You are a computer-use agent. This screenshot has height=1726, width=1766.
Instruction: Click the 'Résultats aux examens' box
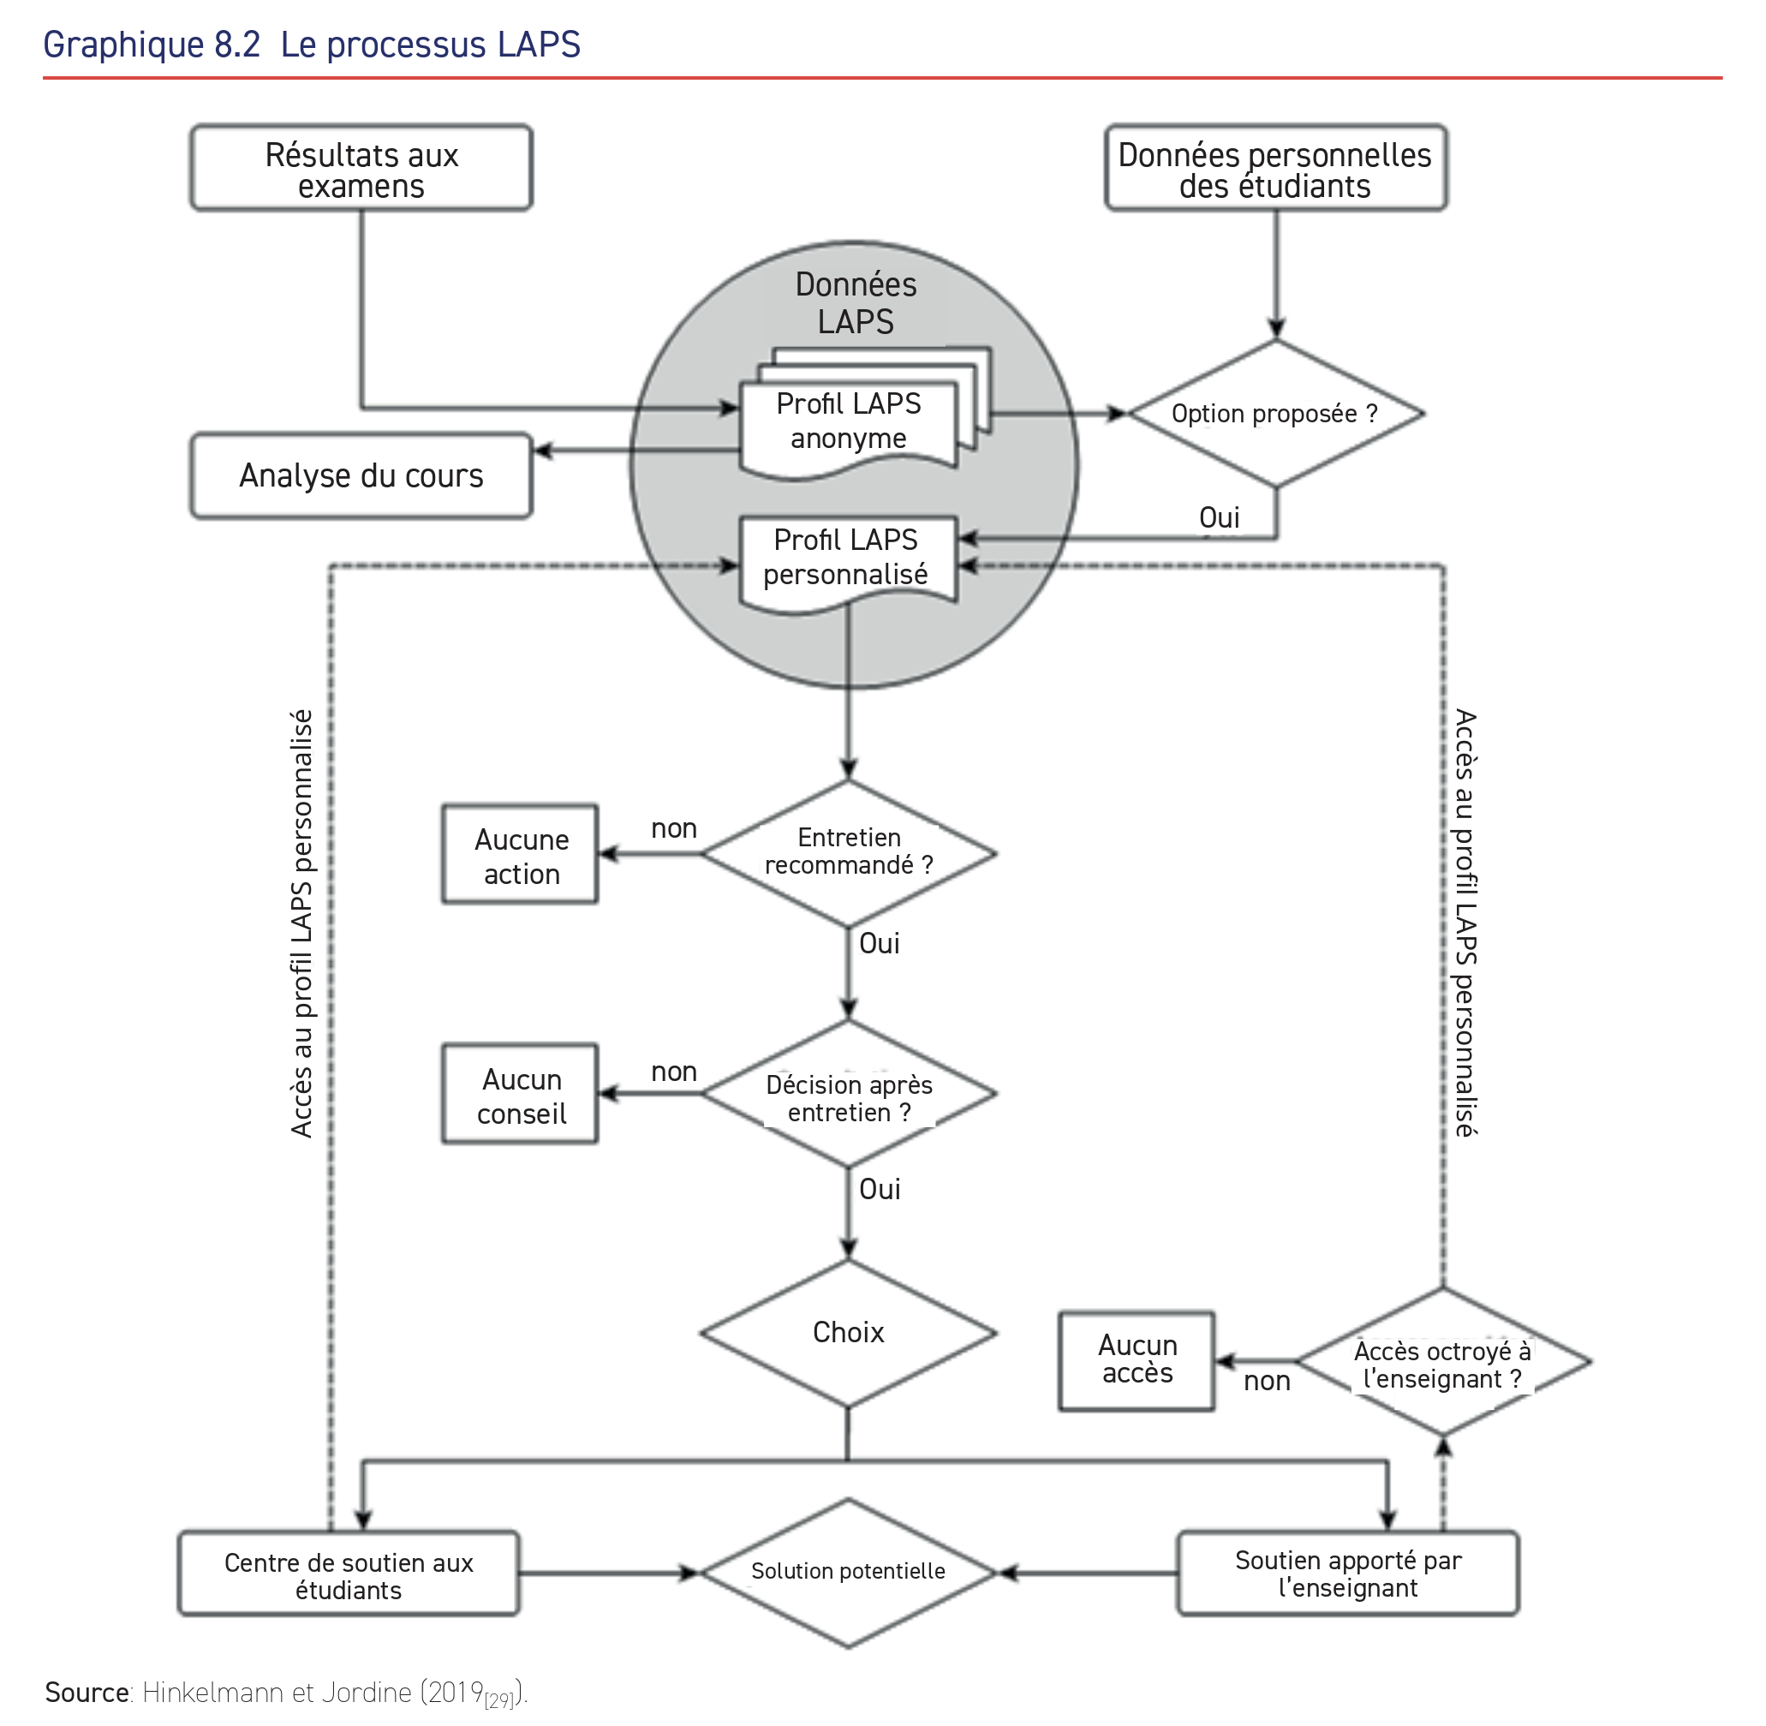pos(361,169)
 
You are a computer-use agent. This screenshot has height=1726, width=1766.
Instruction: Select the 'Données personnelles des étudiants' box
pos(1274,169)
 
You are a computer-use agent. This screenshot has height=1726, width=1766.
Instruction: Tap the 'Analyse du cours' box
pos(361,476)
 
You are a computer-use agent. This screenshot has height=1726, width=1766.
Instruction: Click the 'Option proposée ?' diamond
pos(1274,414)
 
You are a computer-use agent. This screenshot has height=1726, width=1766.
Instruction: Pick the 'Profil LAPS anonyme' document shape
pos(848,421)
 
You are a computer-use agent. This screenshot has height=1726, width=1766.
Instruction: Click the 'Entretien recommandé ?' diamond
pos(849,852)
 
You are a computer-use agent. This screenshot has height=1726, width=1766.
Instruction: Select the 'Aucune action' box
pos(521,855)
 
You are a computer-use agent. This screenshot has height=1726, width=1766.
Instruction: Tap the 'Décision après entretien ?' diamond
pos(849,1095)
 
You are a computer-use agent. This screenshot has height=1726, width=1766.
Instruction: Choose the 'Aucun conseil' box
pos(521,1095)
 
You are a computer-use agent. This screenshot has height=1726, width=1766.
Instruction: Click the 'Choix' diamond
pos(849,1333)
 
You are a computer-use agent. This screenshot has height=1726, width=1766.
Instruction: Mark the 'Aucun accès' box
pos(1137,1359)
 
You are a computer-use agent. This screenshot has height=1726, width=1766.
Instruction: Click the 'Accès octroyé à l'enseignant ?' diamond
pos(1442,1363)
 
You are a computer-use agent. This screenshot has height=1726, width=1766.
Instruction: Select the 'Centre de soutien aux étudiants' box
pos(349,1575)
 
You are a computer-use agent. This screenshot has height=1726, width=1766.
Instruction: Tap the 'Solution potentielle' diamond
pos(849,1572)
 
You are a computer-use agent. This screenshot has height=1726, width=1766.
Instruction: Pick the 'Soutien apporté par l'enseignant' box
pos(1348,1574)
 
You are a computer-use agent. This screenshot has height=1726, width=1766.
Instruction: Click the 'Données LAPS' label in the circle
pos(855,302)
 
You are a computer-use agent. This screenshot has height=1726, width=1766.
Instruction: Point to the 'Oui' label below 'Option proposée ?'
pos(1219,517)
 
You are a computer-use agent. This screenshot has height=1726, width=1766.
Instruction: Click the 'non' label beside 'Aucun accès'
pos(1267,1382)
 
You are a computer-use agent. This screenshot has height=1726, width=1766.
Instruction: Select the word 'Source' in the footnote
pos(87,1693)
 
